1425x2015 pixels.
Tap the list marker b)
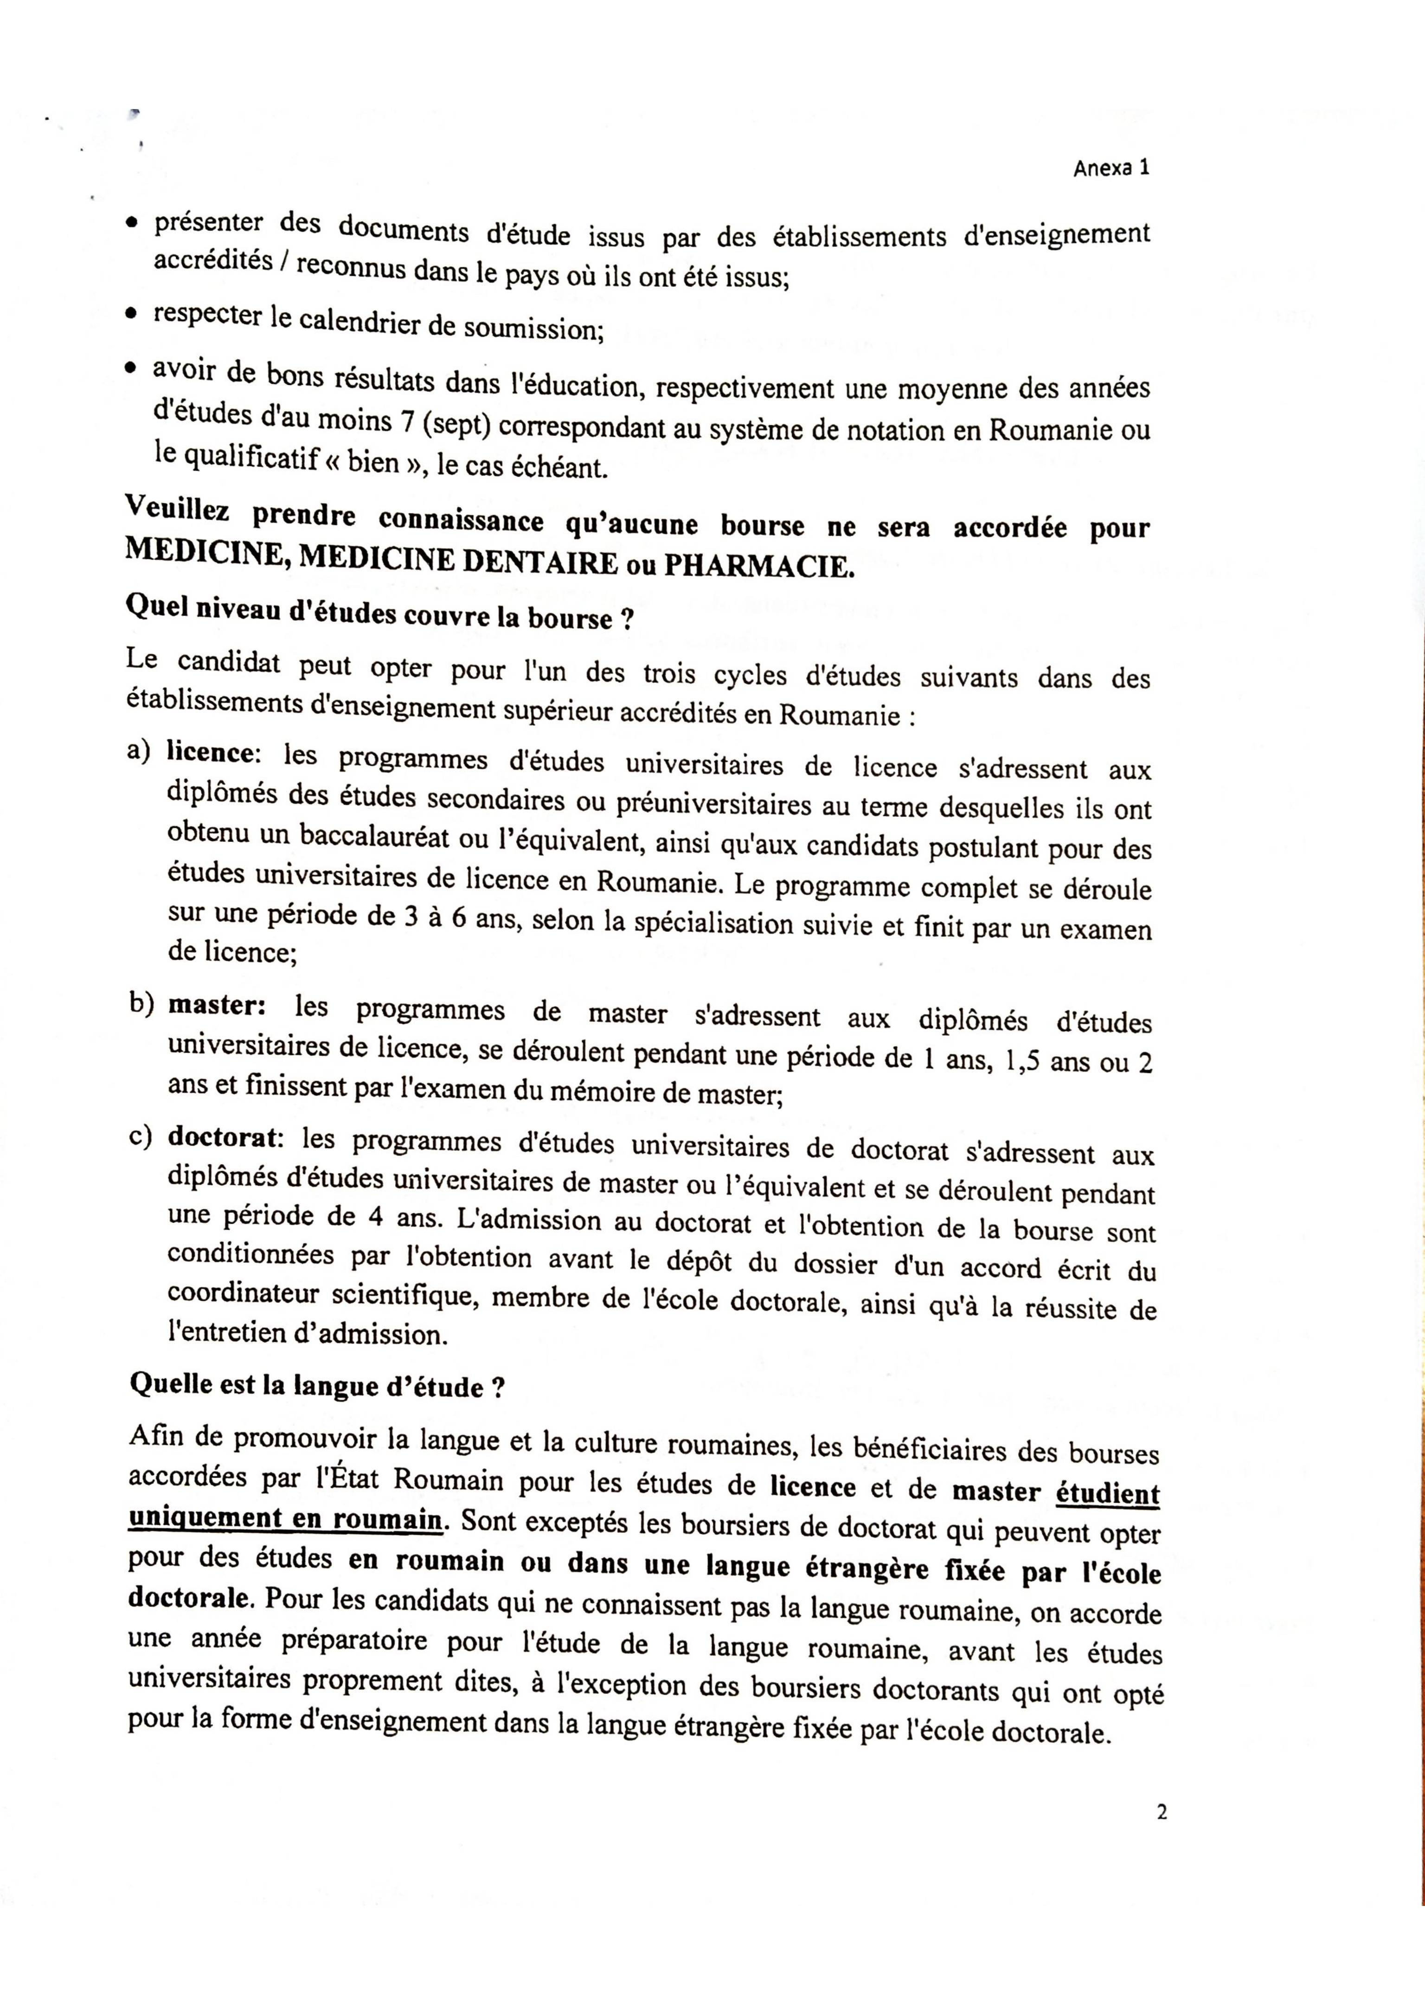coord(141,1003)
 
